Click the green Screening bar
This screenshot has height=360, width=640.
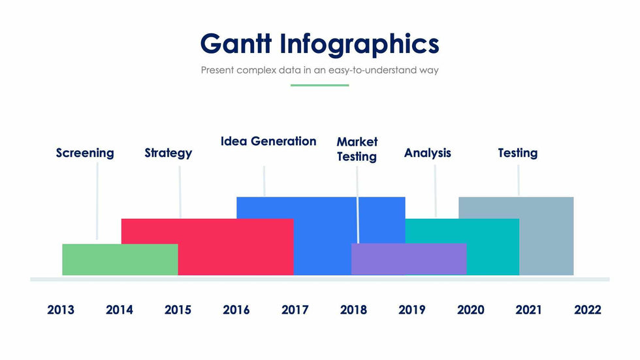[120, 259]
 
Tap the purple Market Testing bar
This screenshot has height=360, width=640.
[409, 259]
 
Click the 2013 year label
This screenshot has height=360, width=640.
[60, 310]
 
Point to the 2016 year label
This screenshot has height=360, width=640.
[236, 310]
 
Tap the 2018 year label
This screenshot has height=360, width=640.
[353, 310]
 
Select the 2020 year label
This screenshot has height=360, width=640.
[471, 310]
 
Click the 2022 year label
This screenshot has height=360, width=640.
[588, 310]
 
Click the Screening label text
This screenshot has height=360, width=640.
[85, 154]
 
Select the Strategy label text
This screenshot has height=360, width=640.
[168, 154]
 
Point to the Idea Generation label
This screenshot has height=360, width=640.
[268, 141]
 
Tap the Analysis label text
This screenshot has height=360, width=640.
[428, 154]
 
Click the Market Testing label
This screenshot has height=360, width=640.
[357, 150]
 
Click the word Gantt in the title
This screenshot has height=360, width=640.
[236, 44]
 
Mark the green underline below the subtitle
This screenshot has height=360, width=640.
[319, 86]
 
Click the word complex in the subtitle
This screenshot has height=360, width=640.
[256, 70]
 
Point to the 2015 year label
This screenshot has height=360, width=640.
[178, 310]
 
